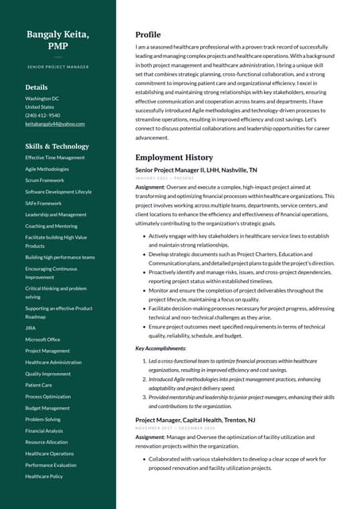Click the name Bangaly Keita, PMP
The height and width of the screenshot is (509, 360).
coord(57,41)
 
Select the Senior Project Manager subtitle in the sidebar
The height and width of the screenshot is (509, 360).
coord(57,68)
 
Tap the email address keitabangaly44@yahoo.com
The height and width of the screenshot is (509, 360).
coord(55,124)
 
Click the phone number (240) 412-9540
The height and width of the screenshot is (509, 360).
coord(43,115)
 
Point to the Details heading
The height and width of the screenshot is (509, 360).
coord(37,87)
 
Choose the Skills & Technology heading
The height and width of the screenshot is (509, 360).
coord(57,146)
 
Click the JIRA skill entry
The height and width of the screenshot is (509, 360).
coord(30,328)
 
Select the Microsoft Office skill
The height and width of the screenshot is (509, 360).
coord(43,340)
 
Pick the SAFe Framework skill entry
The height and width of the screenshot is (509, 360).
coord(43,203)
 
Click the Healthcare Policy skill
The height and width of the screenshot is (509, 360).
coord(44,476)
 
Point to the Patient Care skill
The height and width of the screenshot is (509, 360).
coord(38,385)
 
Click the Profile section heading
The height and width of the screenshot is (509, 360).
coord(148,35)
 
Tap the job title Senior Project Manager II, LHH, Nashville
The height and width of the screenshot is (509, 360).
coord(195,170)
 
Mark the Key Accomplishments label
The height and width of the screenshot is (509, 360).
coord(161,348)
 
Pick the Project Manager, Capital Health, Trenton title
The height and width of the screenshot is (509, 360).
coord(195,419)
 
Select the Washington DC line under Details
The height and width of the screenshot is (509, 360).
coord(43,98)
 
